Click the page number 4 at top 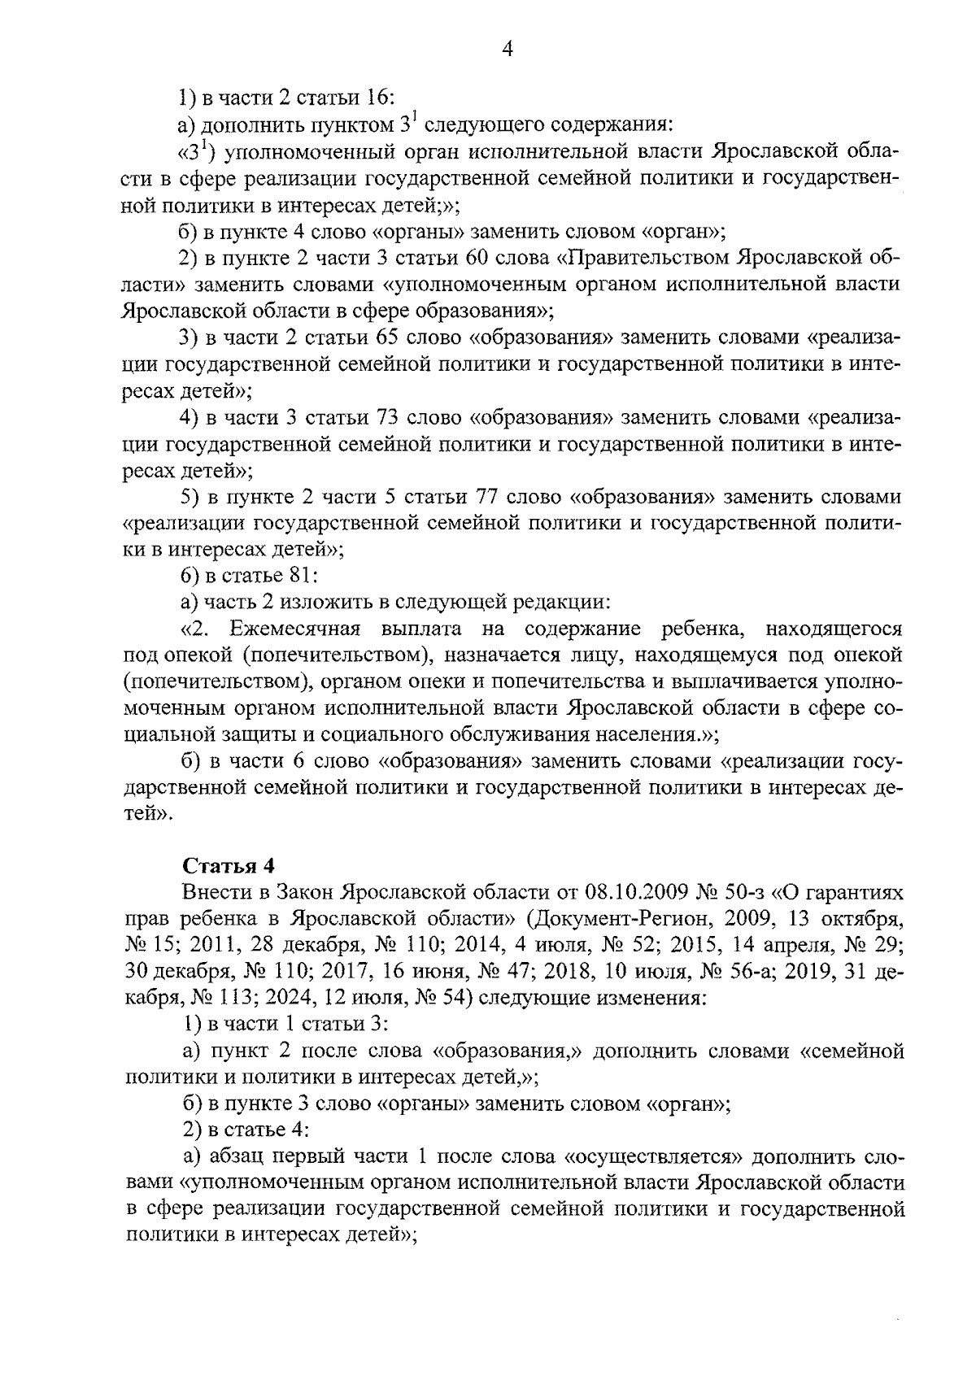click(508, 50)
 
